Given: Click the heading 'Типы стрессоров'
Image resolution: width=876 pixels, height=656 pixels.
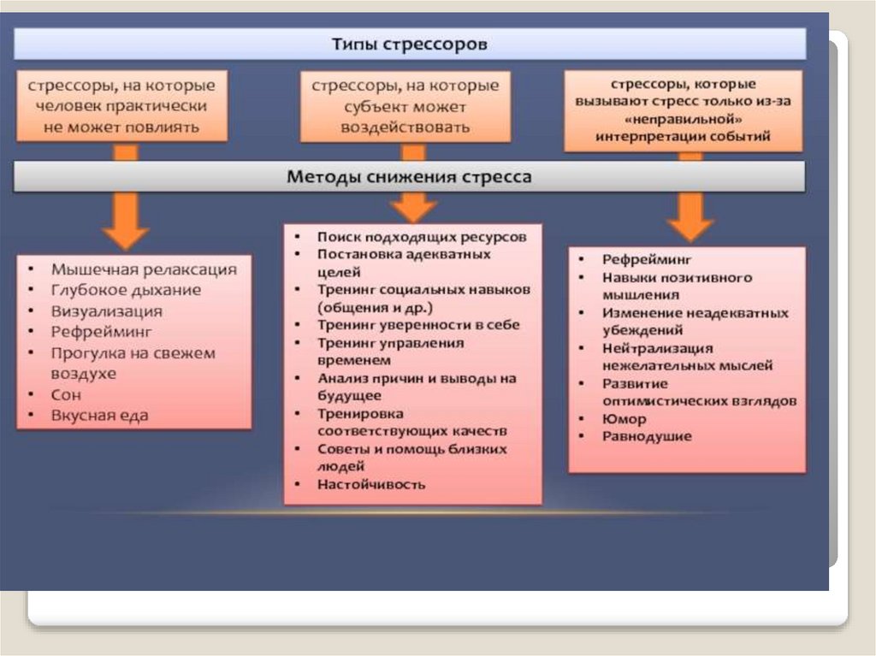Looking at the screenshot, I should pyautogui.click(x=410, y=44).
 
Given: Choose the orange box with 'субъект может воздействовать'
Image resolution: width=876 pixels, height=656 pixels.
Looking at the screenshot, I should pyautogui.click(x=405, y=107).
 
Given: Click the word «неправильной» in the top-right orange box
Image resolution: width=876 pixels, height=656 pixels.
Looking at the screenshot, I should pyautogui.click(x=683, y=119).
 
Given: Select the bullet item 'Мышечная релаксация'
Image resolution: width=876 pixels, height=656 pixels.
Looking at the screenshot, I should pyautogui.click(x=143, y=269).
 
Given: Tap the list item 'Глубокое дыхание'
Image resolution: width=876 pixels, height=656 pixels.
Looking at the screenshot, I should pyautogui.click(x=126, y=290).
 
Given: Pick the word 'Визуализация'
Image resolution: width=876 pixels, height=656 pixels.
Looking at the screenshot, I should pyautogui.click(x=106, y=311).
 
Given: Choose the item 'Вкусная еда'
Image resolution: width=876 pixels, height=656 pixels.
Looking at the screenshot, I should pyautogui.click(x=99, y=416).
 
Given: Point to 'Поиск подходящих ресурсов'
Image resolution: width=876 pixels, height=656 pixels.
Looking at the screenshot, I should pyautogui.click(x=421, y=236).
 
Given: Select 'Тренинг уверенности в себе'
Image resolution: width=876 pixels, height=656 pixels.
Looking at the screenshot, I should pyautogui.click(x=418, y=325).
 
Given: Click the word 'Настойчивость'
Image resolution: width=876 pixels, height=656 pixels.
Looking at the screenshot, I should pyautogui.click(x=370, y=484).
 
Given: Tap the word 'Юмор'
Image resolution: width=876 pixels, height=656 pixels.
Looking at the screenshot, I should pyautogui.click(x=624, y=419).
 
